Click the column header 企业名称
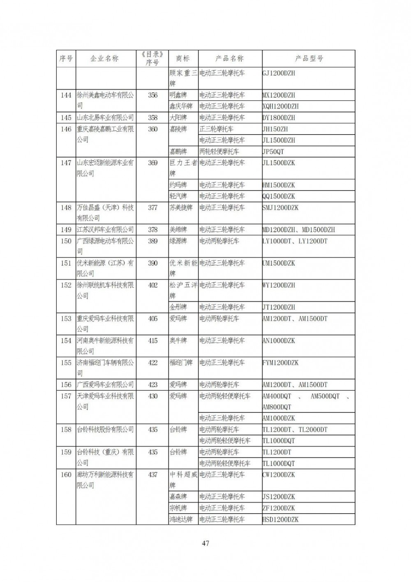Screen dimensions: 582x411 click(104, 58)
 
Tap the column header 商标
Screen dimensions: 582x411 click(182, 58)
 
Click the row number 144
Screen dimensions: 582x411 click(66, 95)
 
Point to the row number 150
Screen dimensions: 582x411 click(66, 241)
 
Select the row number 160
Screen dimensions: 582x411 click(66, 475)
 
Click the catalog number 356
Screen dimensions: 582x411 click(152, 95)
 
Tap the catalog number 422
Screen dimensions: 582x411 click(152, 363)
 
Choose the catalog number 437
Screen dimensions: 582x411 click(152, 475)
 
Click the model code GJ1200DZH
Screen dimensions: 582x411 click(279, 73)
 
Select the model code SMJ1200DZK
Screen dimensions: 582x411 click(280, 207)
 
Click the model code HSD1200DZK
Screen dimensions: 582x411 click(280, 519)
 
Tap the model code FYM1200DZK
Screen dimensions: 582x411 click(280, 363)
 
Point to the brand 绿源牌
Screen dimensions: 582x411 click(178, 241)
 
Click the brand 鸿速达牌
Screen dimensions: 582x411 click(181, 519)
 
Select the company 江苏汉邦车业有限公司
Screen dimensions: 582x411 click(105, 230)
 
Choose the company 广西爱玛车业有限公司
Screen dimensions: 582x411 click(105, 385)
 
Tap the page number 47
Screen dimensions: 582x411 click(205, 543)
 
